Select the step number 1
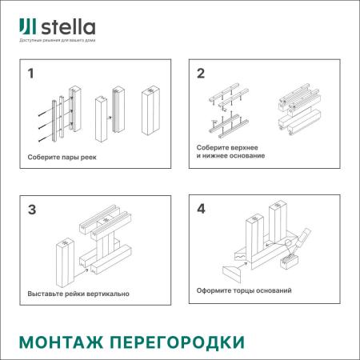pyautogui.click(x=31, y=75)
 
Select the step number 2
pyautogui.click(x=201, y=75)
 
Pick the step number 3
pyautogui.click(x=31, y=211)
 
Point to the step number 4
pyautogui.click(x=201, y=211)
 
